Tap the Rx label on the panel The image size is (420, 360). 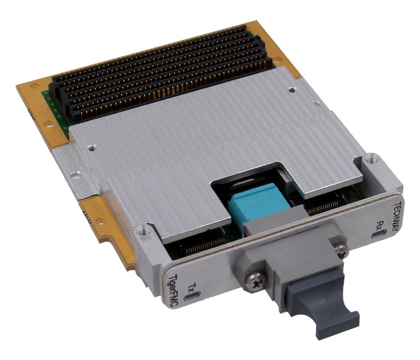click(380, 225)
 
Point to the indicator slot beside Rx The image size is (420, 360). click(379, 234)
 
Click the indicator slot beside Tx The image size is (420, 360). click(193, 296)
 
